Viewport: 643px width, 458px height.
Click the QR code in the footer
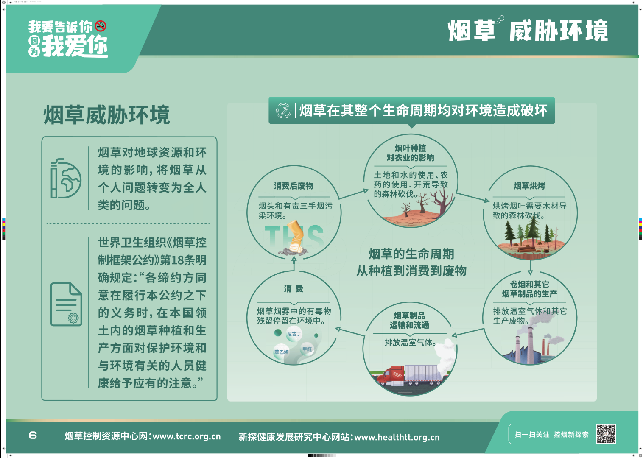606,434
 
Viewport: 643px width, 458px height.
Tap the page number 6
33,436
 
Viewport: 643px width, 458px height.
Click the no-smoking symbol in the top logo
101,26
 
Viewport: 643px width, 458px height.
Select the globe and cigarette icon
66,178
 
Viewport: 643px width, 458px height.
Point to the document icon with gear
66,304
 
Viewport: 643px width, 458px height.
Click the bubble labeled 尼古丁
294,334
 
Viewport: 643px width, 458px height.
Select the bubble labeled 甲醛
307,349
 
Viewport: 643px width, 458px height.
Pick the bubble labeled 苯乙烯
281,352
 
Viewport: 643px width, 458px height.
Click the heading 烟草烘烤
529,186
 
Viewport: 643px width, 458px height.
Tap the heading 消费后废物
294,186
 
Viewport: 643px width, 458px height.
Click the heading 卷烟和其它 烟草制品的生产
529,289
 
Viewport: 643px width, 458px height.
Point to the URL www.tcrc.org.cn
187,436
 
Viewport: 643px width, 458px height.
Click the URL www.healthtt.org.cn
397,437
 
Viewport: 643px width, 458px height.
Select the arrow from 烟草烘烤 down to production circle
530,267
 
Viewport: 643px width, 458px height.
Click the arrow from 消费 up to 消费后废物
294,263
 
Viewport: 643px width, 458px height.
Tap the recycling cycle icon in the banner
283,111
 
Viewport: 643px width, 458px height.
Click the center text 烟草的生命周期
411,254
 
